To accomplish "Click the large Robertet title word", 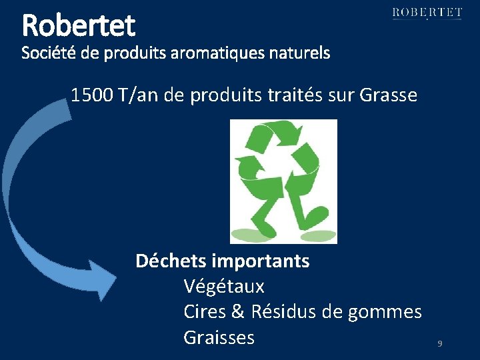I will point(79,25).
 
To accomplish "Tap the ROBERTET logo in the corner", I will point(427,13).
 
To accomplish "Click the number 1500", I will point(91,95).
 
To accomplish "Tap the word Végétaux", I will point(224,287).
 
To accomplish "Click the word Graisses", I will point(219,337).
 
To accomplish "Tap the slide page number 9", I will point(440,344).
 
